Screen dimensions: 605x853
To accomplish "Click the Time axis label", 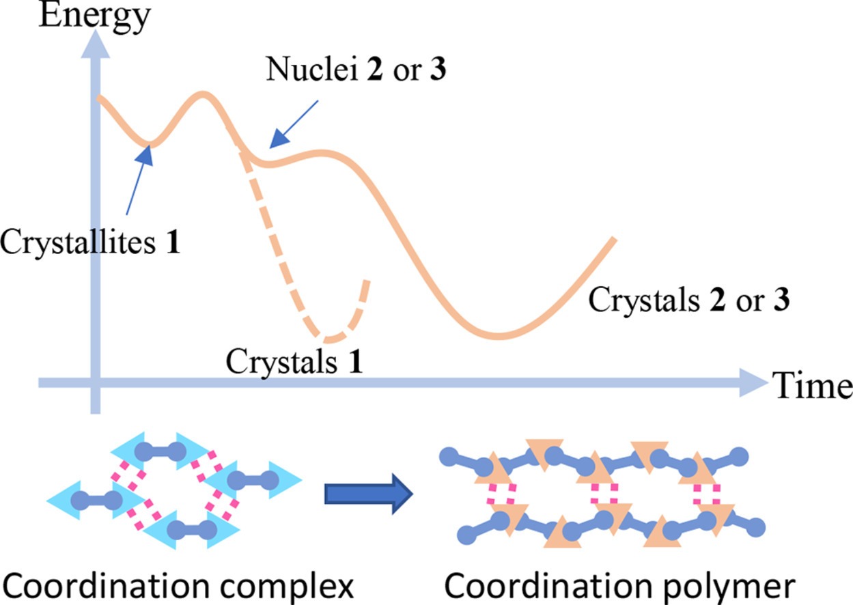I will [x=812, y=386].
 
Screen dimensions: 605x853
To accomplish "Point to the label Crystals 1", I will [x=294, y=362].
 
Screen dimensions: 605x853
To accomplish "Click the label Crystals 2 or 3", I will [x=688, y=300].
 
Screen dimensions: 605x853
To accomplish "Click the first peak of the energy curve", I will [x=203, y=94].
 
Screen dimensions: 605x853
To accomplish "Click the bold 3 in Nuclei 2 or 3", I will [x=437, y=70].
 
